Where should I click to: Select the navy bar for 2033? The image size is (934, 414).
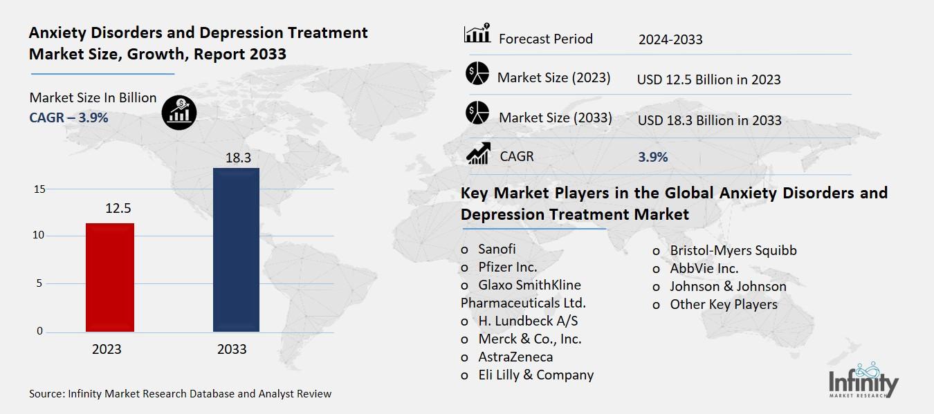(x=236, y=250)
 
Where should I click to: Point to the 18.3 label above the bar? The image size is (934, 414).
(x=237, y=158)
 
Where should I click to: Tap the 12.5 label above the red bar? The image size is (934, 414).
(x=118, y=208)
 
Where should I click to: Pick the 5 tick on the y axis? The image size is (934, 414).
(x=39, y=283)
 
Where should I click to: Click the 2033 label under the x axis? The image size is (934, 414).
(x=232, y=349)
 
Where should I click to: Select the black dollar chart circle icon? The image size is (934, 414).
(x=179, y=112)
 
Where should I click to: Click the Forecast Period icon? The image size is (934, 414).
(x=477, y=35)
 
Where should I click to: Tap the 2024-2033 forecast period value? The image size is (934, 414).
(x=670, y=39)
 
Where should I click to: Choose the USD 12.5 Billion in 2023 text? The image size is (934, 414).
(x=708, y=79)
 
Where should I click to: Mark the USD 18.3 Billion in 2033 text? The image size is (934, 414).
(x=709, y=120)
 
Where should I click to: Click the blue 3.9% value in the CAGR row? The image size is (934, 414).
(x=652, y=157)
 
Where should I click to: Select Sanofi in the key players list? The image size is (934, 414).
(x=497, y=250)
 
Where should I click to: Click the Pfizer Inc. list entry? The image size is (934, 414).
(x=507, y=267)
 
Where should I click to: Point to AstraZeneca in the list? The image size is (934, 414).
(x=515, y=357)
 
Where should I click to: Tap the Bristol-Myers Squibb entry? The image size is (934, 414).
(x=733, y=250)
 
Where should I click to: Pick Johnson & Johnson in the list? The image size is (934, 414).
(x=728, y=286)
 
